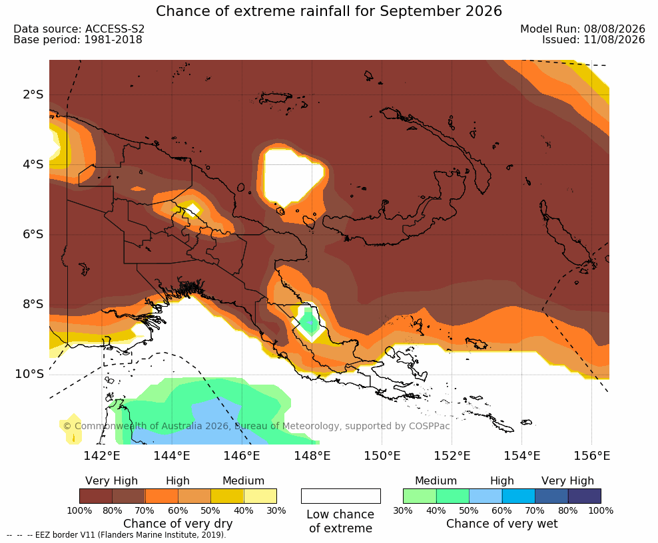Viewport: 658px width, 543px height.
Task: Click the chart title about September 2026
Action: coord(328,11)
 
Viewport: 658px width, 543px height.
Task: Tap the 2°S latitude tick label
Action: coord(33,94)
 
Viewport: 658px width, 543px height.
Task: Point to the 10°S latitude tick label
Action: coord(29,373)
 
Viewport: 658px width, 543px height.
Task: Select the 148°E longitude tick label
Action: coord(312,455)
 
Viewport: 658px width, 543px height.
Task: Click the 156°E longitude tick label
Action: coord(591,455)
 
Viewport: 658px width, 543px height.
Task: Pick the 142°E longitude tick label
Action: coord(101,455)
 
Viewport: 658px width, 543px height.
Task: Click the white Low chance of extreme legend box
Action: coord(341,496)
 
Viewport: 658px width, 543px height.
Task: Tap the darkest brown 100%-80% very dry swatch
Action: coord(96,496)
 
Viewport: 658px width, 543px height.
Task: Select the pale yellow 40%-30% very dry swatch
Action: coord(260,496)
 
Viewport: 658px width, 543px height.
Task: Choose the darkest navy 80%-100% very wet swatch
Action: coord(585,496)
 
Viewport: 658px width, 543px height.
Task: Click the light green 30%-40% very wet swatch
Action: coord(420,496)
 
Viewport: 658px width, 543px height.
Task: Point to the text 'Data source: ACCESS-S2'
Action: coord(79,29)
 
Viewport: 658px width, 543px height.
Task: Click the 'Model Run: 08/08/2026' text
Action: coord(583,29)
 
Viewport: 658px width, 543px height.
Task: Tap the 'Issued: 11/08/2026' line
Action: coord(593,40)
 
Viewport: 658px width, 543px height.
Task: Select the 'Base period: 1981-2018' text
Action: coord(78,40)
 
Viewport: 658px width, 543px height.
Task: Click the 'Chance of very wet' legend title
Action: coord(502,524)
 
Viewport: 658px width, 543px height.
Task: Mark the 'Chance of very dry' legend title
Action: coord(178,524)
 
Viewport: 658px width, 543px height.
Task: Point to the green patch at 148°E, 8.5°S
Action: coord(310,321)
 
